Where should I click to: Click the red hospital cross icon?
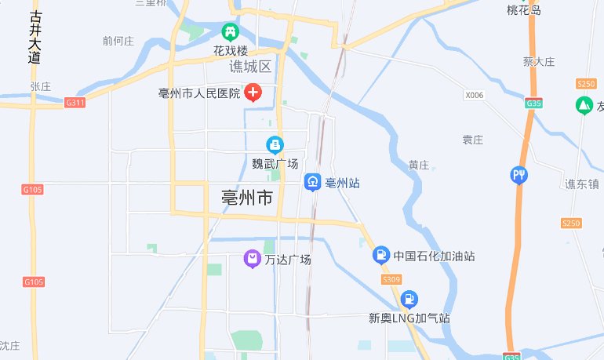click(x=253, y=93)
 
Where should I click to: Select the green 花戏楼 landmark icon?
click(x=231, y=32)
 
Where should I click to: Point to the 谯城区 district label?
click(x=249, y=67)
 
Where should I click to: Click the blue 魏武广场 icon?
click(x=275, y=144)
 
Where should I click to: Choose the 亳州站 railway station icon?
click(x=312, y=183)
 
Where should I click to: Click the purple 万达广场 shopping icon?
click(x=252, y=259)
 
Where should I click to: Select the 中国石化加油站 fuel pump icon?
click(x=380, y=255)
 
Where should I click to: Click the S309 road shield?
click(x=391, y=278)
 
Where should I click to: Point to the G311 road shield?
click(x=75, y=102)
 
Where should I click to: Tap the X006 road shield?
click(x=474, y=96)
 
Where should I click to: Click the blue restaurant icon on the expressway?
click(x=518, y=174)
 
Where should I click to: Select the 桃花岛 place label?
click(x=524, y=10)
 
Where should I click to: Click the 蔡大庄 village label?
click(x=539, y=61)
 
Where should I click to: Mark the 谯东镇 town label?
click(x=582, y=184)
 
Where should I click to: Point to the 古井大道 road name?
click(x=34, y=37)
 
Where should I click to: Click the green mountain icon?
click(x=584, y=104)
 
